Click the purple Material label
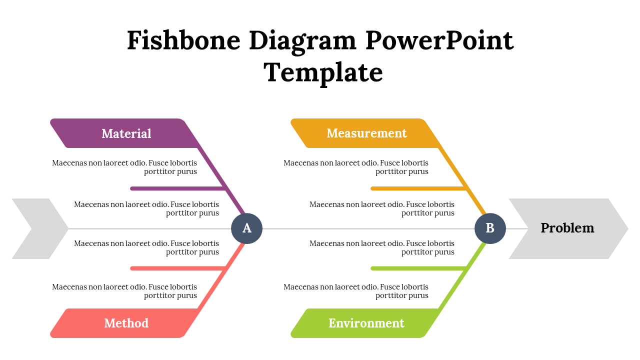(126, 133)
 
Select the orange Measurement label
(366, 133)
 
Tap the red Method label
(126, 323)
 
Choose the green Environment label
(366, 323)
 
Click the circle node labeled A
(247, 228)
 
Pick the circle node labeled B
(490, 228)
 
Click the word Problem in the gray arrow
(567, 228)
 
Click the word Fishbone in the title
(183, 40)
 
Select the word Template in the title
(323, 72)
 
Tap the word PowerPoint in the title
(439, 40)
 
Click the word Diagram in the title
(302, 40)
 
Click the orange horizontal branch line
(417, 188)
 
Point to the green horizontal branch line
(417, 268)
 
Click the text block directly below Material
(124, 167)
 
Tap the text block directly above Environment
(356, 291)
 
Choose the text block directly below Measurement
(356, 167)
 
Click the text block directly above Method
(124, 291)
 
